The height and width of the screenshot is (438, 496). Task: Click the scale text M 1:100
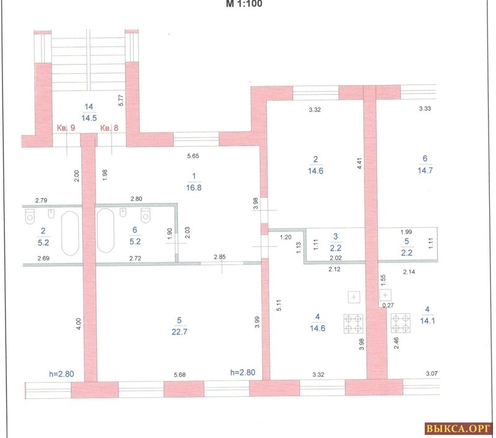pyautogui.click(x=244, y=4)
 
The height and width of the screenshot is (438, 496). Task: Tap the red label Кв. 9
pyautogui.click(x=66, y=128)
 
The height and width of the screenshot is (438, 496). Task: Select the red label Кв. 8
pyautogui.click(x=109, y=128)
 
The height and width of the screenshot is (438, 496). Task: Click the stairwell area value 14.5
pyautogui.click(x=89, y=118)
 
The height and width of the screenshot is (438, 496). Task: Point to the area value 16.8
pyautogui.click(x=193, y=187)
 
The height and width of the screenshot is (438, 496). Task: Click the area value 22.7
pyautogui.click(x=179, y=332)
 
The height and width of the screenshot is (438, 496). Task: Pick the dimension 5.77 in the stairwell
pyautogui.click(x=120, y=101)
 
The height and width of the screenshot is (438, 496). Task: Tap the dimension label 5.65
pyautogui.click(x=193, y=156)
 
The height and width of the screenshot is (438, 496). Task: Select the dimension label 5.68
pyautogui.click(x=180, y=375)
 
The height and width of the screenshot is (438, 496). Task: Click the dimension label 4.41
pyautogui.click(x=359, y=163)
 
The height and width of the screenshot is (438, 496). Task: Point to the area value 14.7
pyautogui.click(x=425, y=170)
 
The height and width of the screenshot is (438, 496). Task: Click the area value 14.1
pyautogui.click(x=427, y=321)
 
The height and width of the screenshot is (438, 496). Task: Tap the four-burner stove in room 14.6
pyautogui.click(x=353, y=323)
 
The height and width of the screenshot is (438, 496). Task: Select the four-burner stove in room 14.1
pyautogui.click(x=401, y=323)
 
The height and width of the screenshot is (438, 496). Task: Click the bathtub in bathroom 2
pyautogui.click(x=70, y=233)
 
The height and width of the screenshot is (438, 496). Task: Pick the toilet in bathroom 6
pyautogui.click(x=146, y=215)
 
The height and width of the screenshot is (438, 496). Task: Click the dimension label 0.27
pyautogui.click(x=388, y=305)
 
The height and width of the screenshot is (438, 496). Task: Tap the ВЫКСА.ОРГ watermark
pyautogui.click(x=458, y=429)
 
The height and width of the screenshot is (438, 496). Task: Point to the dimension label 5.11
pyautogui.click(x=278, y=305)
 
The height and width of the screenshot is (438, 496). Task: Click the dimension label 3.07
pyautogui.click(x=432, y=373)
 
